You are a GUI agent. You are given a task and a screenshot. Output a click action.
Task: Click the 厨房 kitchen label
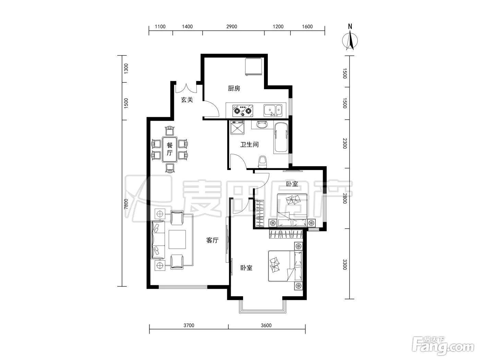point(234,88)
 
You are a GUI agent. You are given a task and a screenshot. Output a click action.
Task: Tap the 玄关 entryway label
point(187,100)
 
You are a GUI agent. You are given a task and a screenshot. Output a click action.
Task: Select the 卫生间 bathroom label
point(249,144)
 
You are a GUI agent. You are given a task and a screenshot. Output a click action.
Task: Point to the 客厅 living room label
point(212,240)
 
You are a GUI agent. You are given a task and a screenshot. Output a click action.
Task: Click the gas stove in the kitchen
point(243,111)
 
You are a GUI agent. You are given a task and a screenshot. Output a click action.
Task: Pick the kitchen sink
point(273,110)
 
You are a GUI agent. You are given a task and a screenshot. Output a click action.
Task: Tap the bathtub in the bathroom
point(281,137)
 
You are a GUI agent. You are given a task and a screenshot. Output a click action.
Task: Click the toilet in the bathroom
point(262,162)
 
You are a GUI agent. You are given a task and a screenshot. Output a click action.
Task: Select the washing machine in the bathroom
point(237,128)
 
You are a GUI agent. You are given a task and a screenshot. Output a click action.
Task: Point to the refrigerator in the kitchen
point(253,67)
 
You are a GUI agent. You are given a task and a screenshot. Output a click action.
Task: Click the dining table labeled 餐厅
point(169,149)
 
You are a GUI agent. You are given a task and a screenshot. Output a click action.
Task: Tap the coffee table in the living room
point(177,239)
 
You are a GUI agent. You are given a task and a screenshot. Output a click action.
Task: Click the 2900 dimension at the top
point(231,27)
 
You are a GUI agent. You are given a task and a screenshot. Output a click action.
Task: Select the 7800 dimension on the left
point(126,204)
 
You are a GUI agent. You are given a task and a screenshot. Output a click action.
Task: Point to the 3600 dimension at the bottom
point(266,325)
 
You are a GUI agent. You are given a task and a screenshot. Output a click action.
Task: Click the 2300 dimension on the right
point(345,143)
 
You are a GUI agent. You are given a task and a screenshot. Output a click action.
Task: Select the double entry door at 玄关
point(186,89)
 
